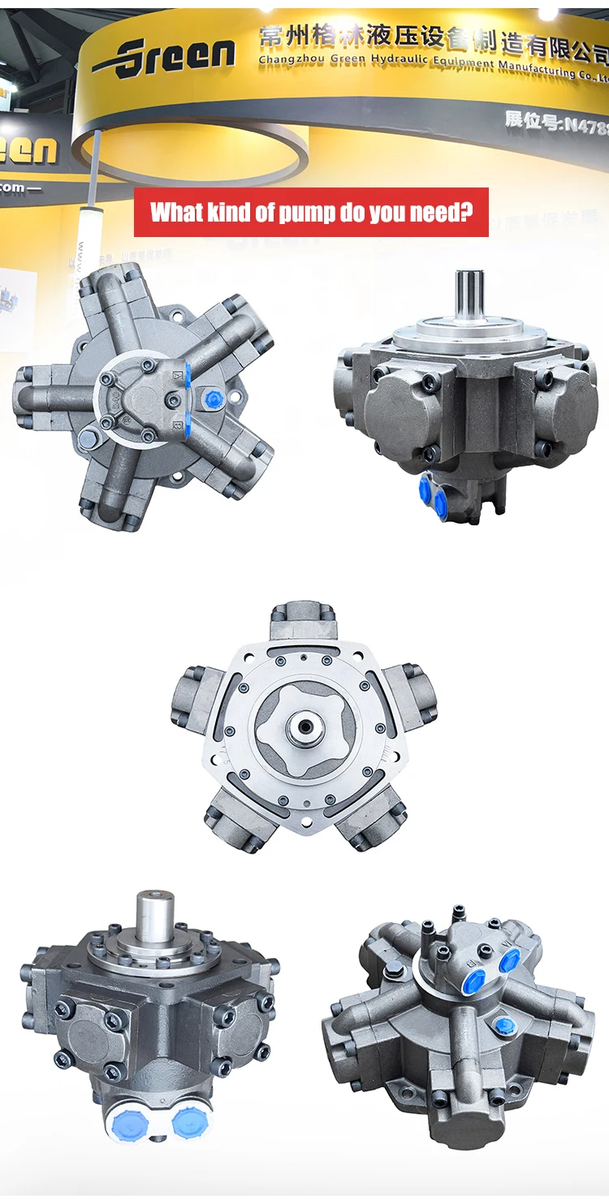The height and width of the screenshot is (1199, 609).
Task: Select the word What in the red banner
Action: [177, 212]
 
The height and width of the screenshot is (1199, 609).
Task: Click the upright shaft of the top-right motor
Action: [470, 295]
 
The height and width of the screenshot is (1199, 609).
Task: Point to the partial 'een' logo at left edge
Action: [29, 149]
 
